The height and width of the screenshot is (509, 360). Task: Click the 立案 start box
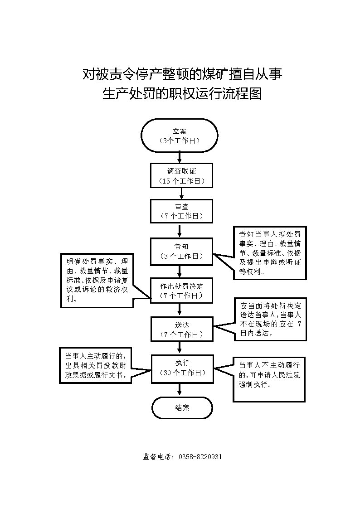[179, 136]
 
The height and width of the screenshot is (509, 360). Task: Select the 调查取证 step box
[181, 175]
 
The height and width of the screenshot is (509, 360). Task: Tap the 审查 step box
[181, 211]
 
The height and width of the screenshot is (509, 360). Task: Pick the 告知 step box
[181, 251]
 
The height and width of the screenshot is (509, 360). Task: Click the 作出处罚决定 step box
[181, 291]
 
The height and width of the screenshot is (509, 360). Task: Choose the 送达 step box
[182, 329]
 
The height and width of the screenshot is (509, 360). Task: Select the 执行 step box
[183, 368]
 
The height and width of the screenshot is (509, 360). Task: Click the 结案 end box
[182, 408]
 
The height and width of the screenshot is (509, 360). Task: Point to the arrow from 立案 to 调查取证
[180, 158]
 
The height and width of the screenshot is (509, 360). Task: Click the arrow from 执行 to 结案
[180, 389]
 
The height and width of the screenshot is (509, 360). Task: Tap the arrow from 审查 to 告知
[180, 231]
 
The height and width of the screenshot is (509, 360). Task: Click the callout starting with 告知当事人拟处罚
[270, 253]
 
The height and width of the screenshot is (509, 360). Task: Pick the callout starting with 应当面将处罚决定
[270, 320]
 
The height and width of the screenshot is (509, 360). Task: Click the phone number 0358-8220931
[200, 457]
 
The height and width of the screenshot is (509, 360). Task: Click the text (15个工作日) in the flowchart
[182, 181]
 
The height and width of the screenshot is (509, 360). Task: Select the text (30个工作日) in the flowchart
[183, 373]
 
